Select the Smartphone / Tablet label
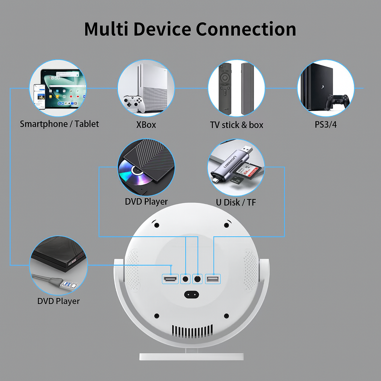(60, 124)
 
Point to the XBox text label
(146, 125)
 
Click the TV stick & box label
(237, 125)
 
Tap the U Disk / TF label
(236, 202)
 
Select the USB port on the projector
(213, 279)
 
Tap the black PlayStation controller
(337, 100)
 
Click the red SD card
(251, 173)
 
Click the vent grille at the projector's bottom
(192, 330)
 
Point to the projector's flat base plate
(192, 356)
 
